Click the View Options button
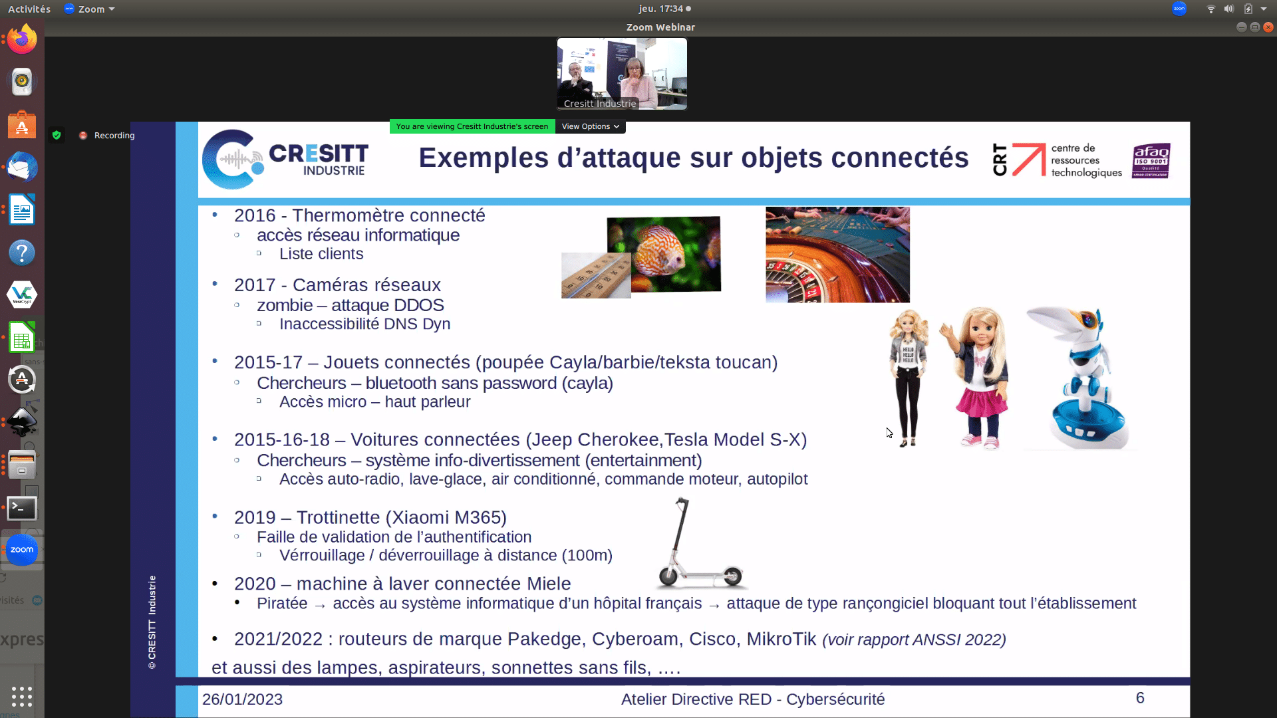click(x=590, y=126)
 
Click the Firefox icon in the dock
click(x=22, y=39)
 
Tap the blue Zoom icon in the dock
click(x=22, y=550)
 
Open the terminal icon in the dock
click(x=22, y=508)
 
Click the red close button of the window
click(x=1268, y=27)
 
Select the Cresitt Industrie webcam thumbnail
click(x=622, y=74)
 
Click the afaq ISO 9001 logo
click(x=1151, y=161)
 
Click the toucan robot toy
click(x=1081, y=378)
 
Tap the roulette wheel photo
click(x=837, y=255)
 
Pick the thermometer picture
click(x=596, y=275)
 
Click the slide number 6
click(x=1140, y=698)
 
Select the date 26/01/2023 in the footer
click(x=242, y=699)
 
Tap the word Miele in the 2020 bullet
click(x=549, y=584)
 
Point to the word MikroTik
click(x=781, y=639)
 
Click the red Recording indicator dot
click(x=83, y=136)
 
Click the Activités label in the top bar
click(x=29, y=9)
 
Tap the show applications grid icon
click(x=22, y=696)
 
